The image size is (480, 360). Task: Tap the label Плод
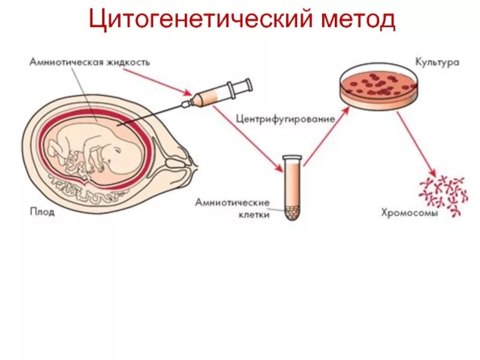coord(41,212)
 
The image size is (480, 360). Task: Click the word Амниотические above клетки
coord(232,202)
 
